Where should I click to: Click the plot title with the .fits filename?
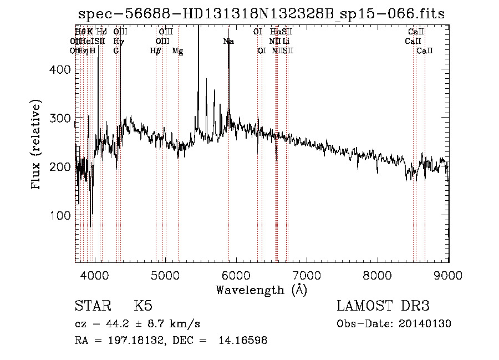(x=261, y=14)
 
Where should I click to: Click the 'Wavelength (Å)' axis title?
(x=261, y=289)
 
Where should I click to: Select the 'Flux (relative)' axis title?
(x=37, y=146)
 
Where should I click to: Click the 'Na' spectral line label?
(x=228, y=41)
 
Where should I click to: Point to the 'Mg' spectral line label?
(x=177, y=50)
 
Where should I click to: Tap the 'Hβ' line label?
(x=155, y=50)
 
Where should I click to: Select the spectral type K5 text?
(x=143, y=306)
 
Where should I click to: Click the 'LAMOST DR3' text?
(x=383, y=306)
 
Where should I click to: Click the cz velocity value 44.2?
(x=106, y=324)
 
